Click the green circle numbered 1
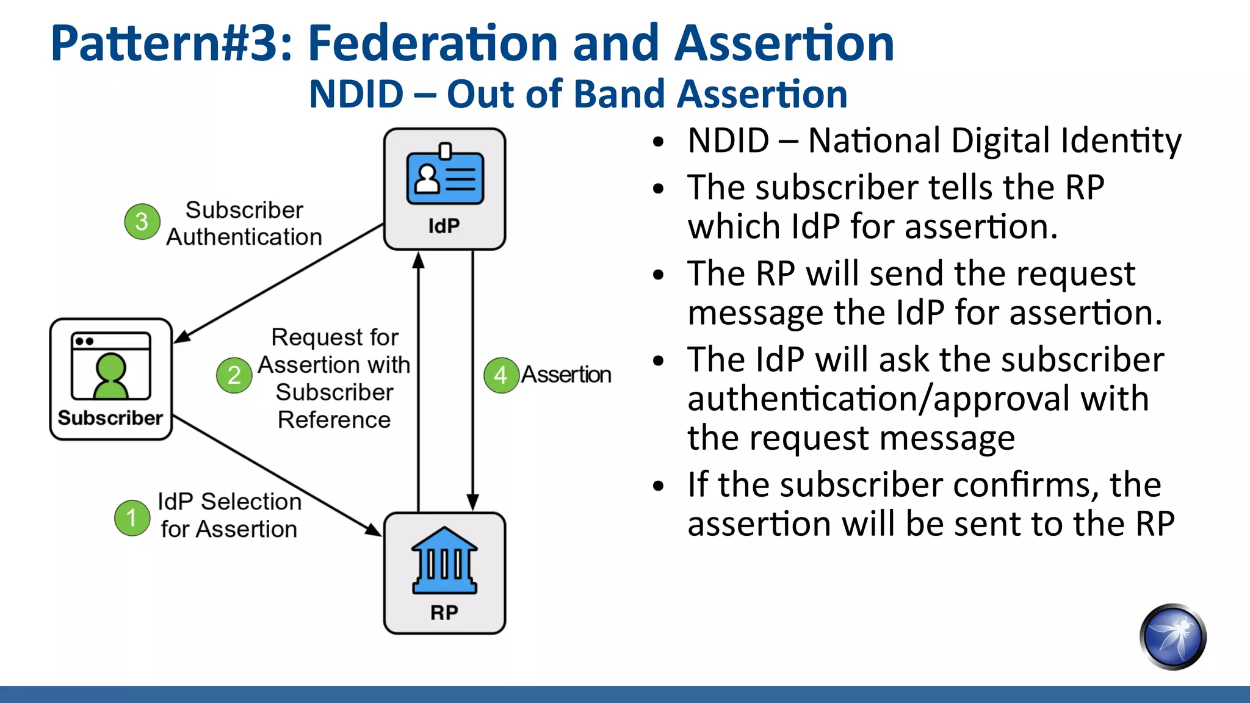(132, 518)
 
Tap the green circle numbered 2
(234, 375)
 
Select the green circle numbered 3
(142, 221)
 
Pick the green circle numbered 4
(501, 375)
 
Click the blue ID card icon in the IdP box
(445, 178)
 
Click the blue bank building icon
(444, 560)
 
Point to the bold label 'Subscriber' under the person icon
(110, 418)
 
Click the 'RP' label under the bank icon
(444, 612)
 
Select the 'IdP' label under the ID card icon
(444, 226)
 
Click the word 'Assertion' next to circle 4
(566, 375)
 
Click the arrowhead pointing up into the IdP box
(418, 261)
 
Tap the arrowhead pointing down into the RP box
(472, 502)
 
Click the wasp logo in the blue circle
(1172, 636)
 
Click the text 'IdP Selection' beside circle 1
(229, 502)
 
